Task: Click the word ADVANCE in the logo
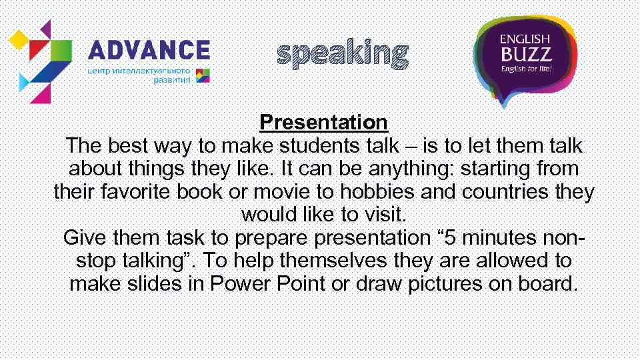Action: tap(149, 51)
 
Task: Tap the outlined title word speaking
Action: tap(342, 54)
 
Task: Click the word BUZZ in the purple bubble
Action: tap(525, 53)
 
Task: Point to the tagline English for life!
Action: tap(525, 69)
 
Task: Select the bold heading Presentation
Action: tap(323, 123)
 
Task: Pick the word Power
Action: tap(239, 284)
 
